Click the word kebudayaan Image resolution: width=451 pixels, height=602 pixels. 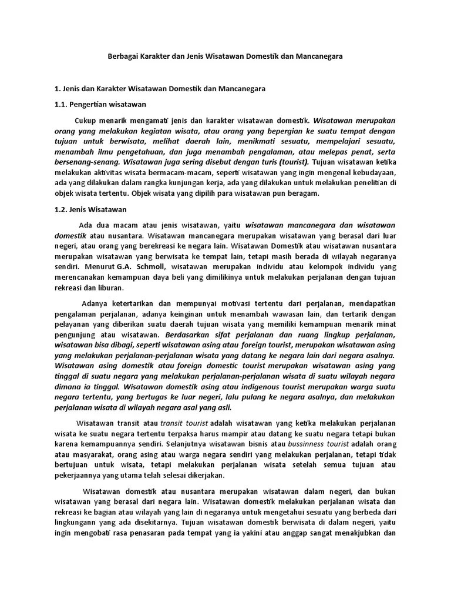375,172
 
